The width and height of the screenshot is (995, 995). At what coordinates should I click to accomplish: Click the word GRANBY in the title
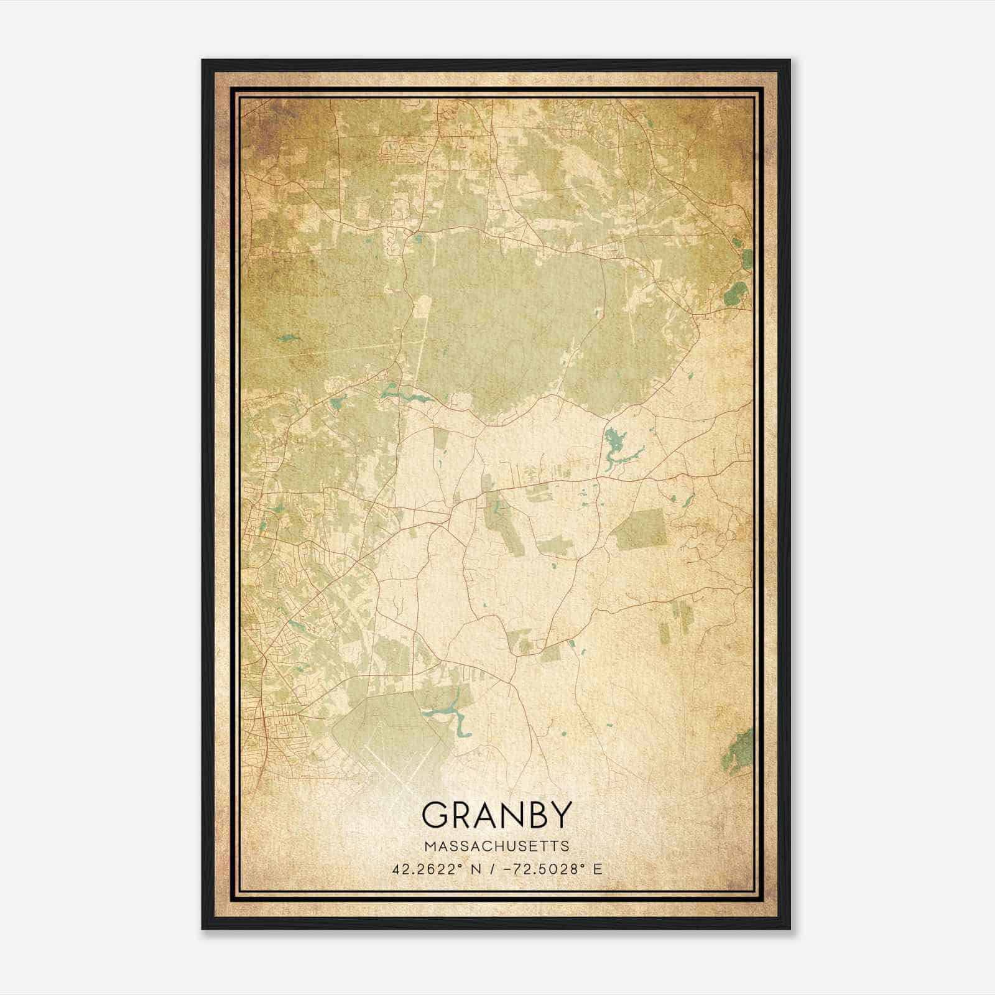tap(496, 815)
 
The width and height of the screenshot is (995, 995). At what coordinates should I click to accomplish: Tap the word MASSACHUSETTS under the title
tap(496, 846)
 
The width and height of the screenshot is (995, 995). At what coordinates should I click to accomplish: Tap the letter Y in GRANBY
tap(559, 815)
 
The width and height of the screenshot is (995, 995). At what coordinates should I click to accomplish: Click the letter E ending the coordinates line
tap(598, 869)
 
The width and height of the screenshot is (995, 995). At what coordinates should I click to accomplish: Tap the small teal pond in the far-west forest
tap(287, 338)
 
